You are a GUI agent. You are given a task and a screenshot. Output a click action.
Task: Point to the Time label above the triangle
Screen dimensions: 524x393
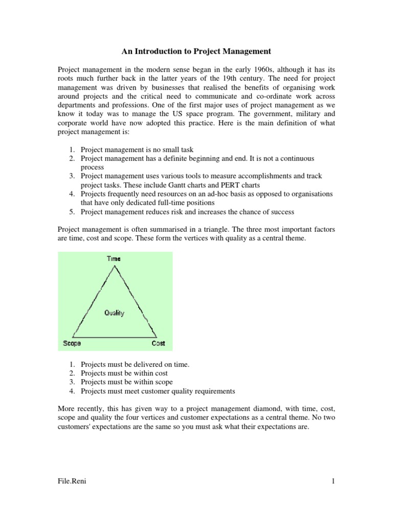[114, 259]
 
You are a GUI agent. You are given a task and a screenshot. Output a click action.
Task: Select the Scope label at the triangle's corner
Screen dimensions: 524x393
[72, 343]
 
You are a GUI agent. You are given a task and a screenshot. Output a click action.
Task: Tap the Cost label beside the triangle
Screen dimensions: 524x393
[158, 343]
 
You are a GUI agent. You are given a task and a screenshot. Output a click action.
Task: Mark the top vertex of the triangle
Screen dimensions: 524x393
[113, 265]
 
